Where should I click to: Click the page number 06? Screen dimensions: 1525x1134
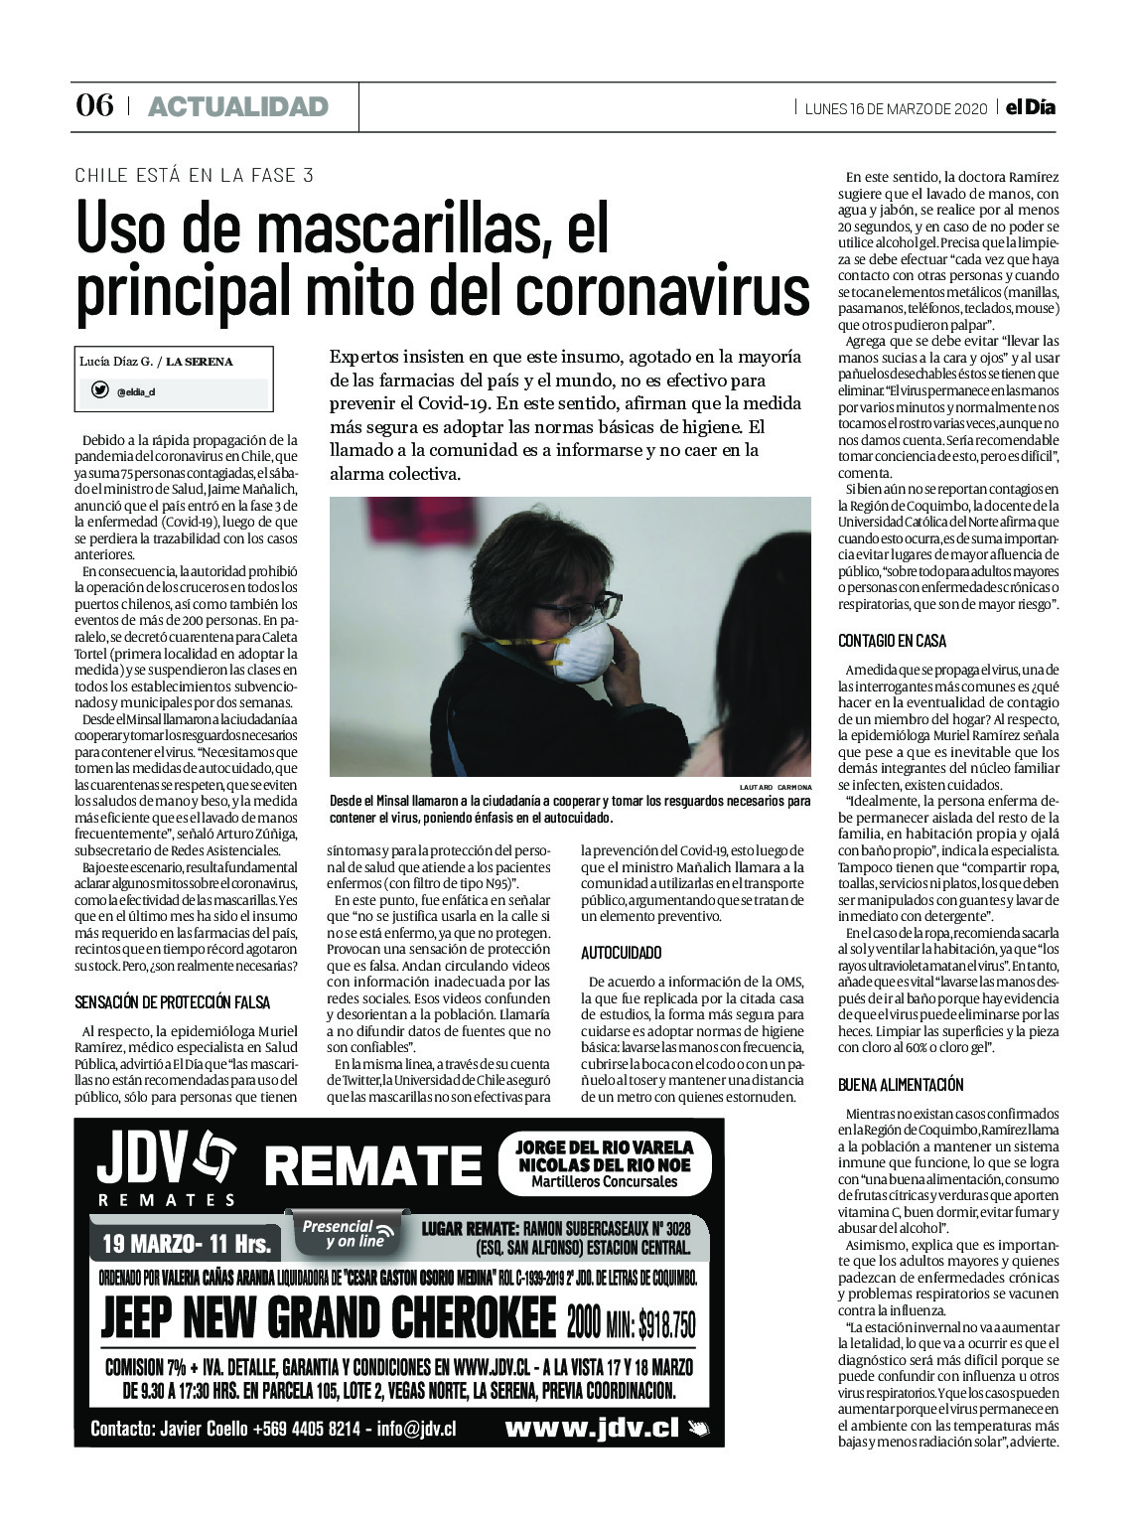95,105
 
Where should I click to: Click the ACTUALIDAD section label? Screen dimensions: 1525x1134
237,106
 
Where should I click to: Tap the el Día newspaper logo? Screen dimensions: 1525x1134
1029,107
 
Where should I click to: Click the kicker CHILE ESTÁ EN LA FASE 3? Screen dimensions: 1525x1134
195,175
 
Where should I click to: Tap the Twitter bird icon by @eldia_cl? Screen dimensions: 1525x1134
99,390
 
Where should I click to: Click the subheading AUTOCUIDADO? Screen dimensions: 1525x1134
621,953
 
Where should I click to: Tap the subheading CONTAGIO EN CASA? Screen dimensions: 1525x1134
892,641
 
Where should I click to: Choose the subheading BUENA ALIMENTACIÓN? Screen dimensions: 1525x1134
901,1084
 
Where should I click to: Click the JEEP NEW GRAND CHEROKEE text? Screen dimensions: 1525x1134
328,1317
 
